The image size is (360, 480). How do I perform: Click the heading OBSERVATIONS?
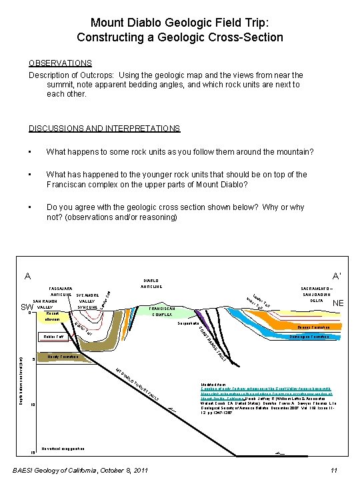[60, 63]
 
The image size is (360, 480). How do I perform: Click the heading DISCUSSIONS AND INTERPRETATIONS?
[104, 128]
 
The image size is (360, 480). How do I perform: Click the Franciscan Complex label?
[162, 312]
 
